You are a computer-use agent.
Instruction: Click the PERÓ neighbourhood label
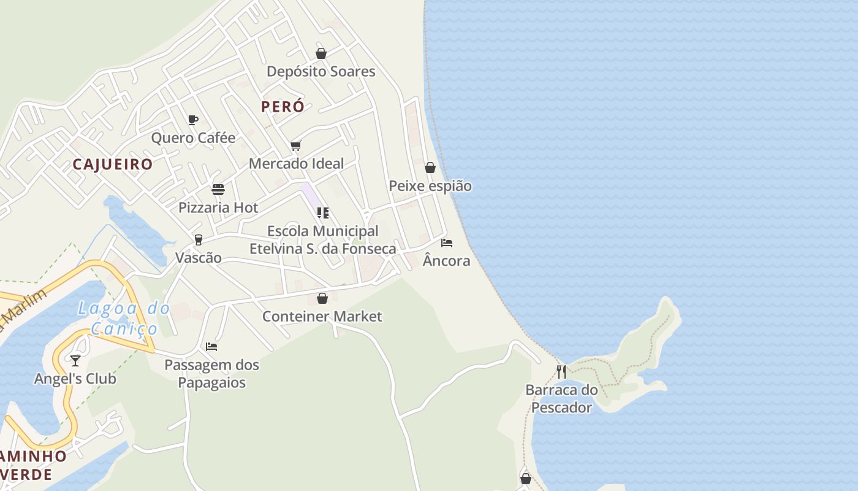tap(283, 107)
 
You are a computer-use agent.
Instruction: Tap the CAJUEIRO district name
tap(113, 164)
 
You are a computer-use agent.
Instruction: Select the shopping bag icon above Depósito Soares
tap(321, 53)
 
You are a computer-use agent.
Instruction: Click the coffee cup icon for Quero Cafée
tap(193, 120)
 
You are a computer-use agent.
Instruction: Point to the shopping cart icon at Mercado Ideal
tap(296, 145)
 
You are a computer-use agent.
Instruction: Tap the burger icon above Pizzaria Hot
tap(218, 189)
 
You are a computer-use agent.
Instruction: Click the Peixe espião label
tap(430, 186)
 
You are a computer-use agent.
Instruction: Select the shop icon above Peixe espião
tap(430, 168)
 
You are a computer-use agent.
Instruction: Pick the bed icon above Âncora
tap(447, 243)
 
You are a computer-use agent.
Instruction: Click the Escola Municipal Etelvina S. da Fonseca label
tap(322, 240)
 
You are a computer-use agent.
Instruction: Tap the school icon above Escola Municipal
tap(323, 213)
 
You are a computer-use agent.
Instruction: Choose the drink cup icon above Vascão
tap(198, 239)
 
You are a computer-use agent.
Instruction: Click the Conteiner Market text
tap(322, 317)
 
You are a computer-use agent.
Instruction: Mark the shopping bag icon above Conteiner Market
tap(322, 298)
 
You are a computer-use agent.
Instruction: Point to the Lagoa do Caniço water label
tap(124, 319)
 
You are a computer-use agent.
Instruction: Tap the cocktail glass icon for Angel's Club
tap(75, 360)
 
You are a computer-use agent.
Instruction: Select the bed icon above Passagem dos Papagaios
tap(211, 347)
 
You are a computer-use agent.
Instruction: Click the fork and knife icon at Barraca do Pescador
tap(561, 371)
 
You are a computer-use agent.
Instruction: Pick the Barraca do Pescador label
tap(561, 399)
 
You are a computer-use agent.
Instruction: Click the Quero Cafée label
tap(193, 138)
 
